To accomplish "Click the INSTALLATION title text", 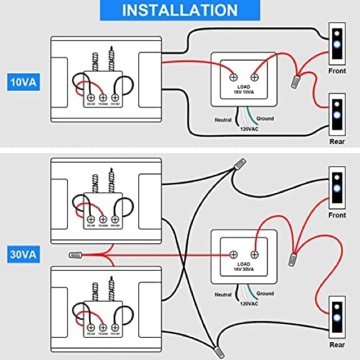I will pyautogui.click(x=179, y=11).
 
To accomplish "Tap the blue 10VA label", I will pyautogui.click(x=23, y=82).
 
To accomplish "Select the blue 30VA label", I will pyautogui.click(x=23, y=254).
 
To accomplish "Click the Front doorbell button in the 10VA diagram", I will pyautogui.click(x=336, y=43).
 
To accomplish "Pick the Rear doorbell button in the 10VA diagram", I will pyautogui.click(x=336, y=114).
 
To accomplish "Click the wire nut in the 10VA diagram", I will pyautogui.click(x=297, y=79).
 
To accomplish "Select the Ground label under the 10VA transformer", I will pyautogui.click(x=264, y=119).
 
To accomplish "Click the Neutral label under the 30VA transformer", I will pyautogui.click(x=223, y=295).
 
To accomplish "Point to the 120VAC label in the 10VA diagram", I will pyautogui.click(x=249, y=130).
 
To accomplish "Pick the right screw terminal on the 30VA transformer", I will pyautogui.click(x=254, y=254).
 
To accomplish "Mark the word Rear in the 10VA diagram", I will pyautogui.click(x=336, y=142).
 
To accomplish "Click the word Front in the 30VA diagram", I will pyautogui.click(x=337, y=215).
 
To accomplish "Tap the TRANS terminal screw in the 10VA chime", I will pyautogui.click(x=103, y=97).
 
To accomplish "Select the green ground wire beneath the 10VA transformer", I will pyautogui.click(x=250, y=115).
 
